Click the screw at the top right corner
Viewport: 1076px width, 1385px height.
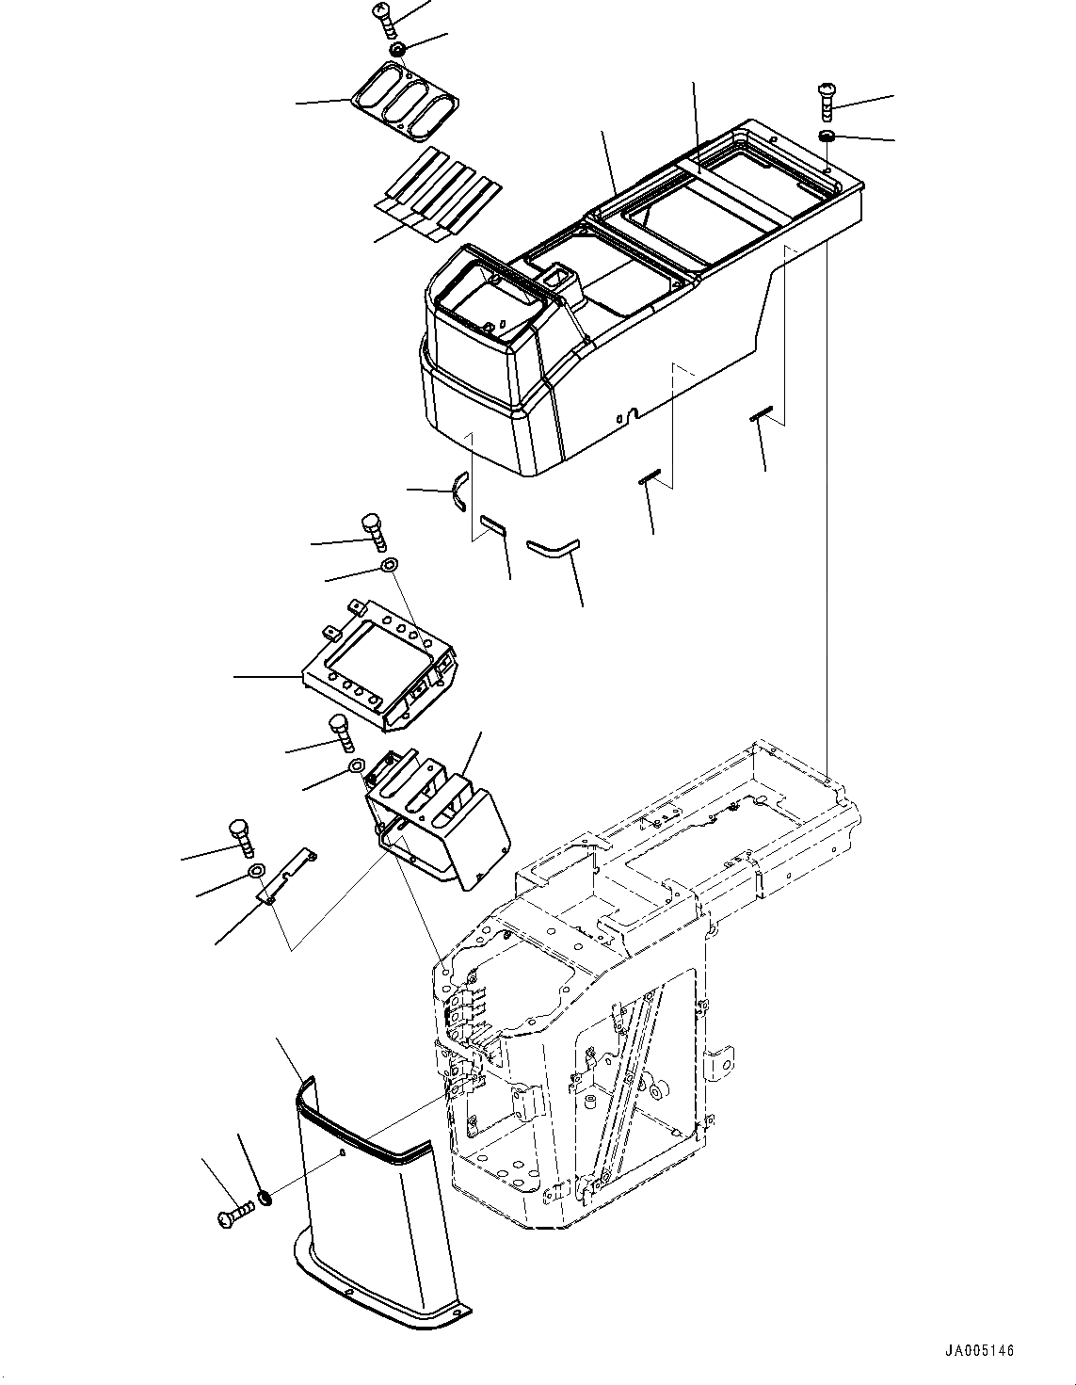(x=826, y=100)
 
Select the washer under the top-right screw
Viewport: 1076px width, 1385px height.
(x=827, y=138)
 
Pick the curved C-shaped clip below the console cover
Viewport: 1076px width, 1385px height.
(x=458, y=491)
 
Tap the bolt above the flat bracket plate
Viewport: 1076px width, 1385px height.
(x=374, y=531)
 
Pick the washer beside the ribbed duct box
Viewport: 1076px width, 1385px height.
(x=358, y=766)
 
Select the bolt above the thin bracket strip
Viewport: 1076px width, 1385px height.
(x=242, y=837)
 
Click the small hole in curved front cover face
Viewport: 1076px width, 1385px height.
(x=342, y=1152)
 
